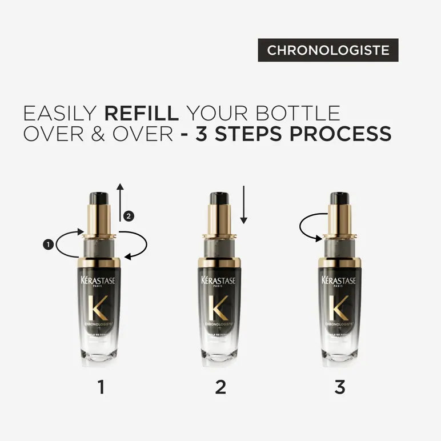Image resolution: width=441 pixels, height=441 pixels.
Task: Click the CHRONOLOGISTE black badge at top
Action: [x=328, y=50]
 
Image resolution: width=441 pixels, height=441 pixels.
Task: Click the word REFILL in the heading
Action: [x=151, y=112]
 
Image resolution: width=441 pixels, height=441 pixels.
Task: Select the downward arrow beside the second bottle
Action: [x=243, y=205]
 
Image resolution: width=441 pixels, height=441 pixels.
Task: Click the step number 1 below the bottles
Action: [x=102, y=388]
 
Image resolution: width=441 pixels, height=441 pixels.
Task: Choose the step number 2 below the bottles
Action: [x=220, y=388]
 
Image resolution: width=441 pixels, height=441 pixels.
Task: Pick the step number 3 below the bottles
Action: [x=339, y=388]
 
